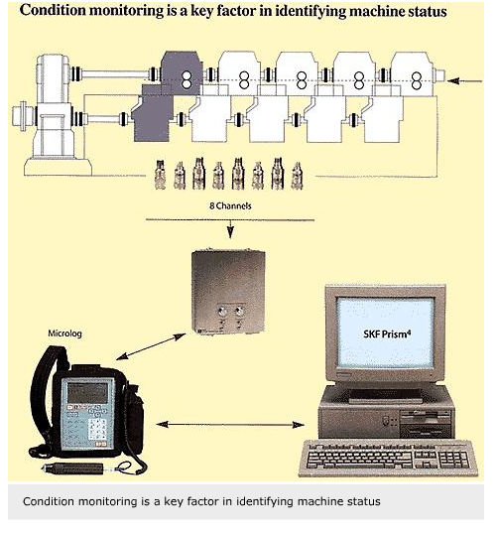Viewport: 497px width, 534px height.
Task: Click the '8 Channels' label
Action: click(x=230, y=205)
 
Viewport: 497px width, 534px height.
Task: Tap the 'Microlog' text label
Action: click(x=64, y=334)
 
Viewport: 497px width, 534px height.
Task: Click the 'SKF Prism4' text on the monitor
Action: click(x=387, y=334)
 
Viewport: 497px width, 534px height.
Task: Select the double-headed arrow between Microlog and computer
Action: click(x=230, y=425)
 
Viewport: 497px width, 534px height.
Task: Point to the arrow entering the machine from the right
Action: click(x=465, y=81)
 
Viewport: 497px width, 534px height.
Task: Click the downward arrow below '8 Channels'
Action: click(x=230, y=229)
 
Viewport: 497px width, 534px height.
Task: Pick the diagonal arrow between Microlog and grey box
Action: click(x=151, y=346)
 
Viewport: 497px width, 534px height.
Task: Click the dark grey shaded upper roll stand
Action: click(x=182, y=73)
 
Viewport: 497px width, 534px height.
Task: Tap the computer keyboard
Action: click(x=388, y=458)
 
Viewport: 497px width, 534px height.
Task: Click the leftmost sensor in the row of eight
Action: click(x=160, y=175)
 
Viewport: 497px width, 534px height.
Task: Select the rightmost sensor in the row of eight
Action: click(x=298, y=176)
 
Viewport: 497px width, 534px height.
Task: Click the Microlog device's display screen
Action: click(x=87, y=392)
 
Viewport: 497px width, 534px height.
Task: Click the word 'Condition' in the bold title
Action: click(x=54, y=10)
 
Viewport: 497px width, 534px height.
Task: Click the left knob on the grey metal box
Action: click(x=222, y=311)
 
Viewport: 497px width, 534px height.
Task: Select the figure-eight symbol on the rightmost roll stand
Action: click(x=417, y=81)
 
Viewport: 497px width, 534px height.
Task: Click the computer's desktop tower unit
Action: click(x=386, y=413)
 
